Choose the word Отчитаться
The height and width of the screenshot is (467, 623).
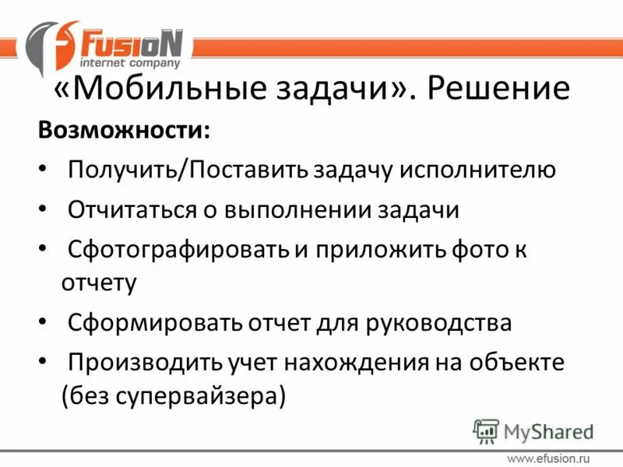(133, 209)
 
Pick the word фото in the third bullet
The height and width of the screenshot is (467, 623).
(476, 250)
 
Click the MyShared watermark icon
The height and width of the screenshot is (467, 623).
(486, 430)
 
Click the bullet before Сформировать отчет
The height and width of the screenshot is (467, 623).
(42, 321)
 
